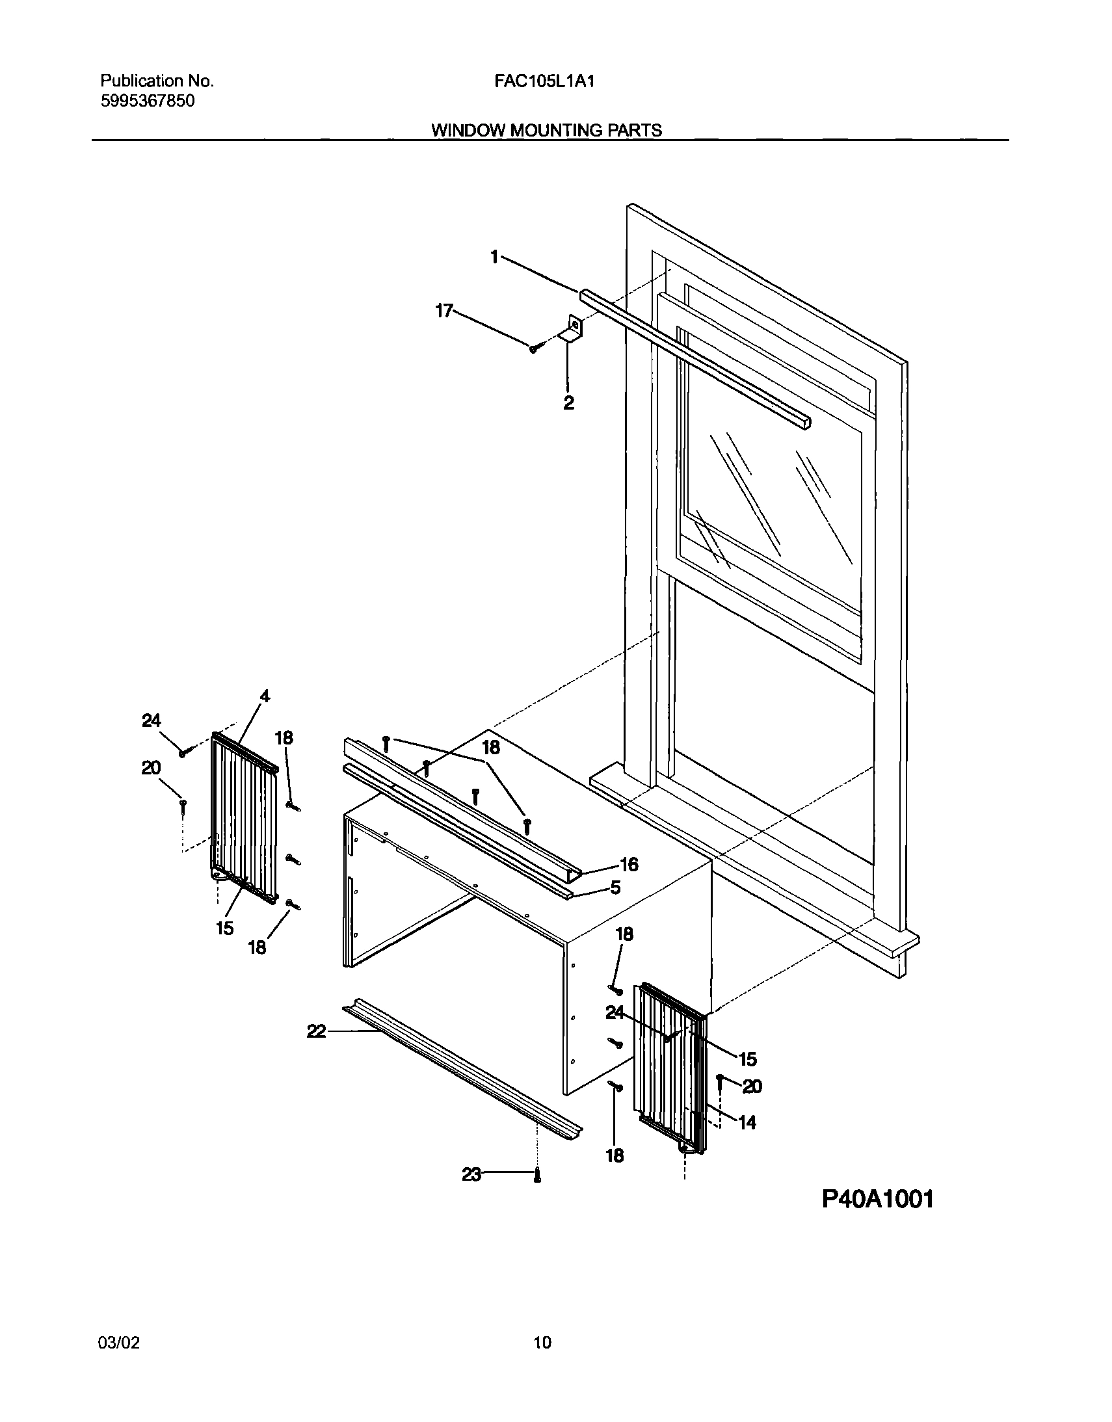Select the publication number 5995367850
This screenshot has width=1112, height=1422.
(147, 101)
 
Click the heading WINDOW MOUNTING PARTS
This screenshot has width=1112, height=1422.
(546, 130)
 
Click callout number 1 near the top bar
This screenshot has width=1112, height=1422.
(495, 257)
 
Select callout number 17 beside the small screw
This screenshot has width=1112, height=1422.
(444, 311)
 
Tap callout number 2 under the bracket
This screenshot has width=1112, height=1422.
(568, 403)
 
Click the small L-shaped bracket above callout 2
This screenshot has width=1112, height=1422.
(572, 329)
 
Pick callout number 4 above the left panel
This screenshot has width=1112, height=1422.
(264, 696)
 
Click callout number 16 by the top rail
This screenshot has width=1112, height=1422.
(629, 864)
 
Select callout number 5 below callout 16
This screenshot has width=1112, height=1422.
(615, 888)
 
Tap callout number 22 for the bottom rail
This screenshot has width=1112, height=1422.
(317, 1031)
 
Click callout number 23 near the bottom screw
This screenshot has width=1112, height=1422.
(471, 1174)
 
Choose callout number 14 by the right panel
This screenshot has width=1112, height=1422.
(747, 1122)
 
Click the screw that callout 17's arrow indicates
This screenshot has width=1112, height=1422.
(534, 349)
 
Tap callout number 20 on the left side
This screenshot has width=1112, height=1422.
(151, 769)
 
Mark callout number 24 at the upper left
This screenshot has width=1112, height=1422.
(152, 720)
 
